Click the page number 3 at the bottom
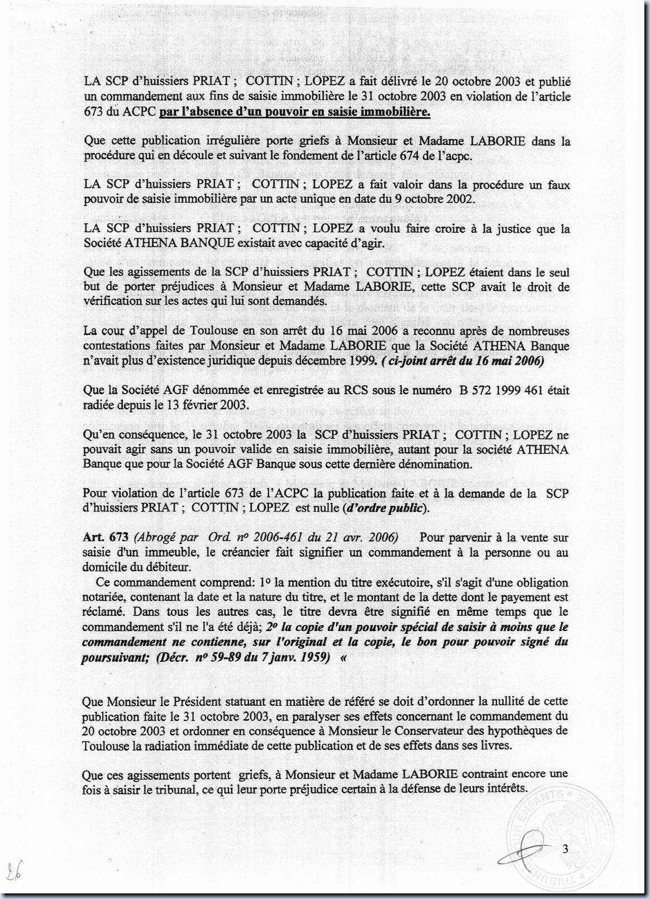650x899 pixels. coord(565,850)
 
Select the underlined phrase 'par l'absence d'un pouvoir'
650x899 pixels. coord(235,112)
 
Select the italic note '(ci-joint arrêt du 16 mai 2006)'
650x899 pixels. coord(463,361)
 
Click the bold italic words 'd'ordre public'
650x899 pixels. coord(386,508)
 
